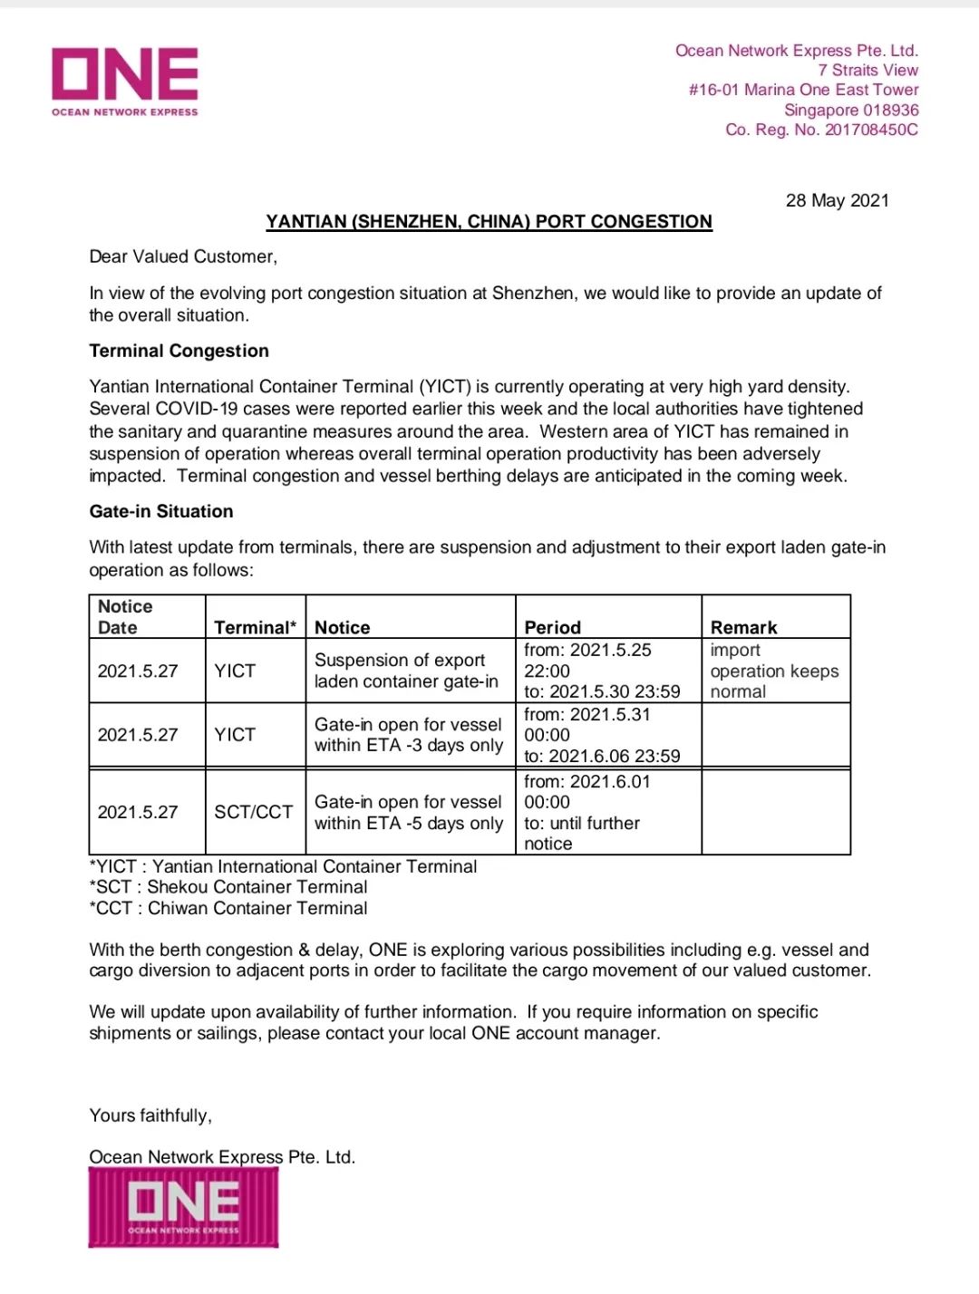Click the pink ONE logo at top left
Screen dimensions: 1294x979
pos(125,80)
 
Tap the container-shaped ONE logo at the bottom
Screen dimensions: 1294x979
pos(183,1207)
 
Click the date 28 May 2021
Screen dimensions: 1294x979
pos(837,200)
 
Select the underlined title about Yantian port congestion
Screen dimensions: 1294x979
pos(489,222)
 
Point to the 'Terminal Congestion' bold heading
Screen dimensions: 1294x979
pos(179,351)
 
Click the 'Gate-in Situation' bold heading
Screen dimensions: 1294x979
pos(160,511)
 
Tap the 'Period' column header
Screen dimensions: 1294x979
pos(552,627)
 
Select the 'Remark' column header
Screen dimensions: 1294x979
pos(743,627)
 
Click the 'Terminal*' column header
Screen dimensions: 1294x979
pos(255,627)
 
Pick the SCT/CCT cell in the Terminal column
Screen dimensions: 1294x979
pos(254,812)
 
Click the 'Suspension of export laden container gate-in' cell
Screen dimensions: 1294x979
pos(406,671)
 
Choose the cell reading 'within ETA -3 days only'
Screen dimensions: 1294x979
pos(408,735)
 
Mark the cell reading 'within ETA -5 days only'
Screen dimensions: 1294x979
pos(408,813)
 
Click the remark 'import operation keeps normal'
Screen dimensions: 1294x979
pos(773,671)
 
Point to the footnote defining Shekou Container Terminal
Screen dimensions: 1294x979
pos(228,887)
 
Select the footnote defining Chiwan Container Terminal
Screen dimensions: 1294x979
pos(228,908)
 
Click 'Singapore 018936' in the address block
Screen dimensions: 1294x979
pos(850,110)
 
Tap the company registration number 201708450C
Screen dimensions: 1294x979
pos(870,130)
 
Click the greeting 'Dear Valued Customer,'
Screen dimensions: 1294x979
pos(183,256)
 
